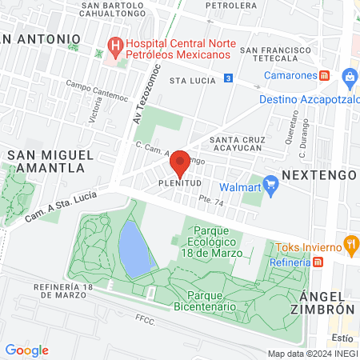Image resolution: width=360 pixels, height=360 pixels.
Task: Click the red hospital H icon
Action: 115,46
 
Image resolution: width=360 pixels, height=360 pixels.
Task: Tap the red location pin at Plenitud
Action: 179,162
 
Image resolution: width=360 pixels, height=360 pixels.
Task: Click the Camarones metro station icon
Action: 325,75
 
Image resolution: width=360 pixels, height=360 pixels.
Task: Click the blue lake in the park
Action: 133,246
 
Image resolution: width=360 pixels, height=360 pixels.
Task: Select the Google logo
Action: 26,350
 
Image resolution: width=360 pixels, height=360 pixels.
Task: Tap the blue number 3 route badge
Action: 229,78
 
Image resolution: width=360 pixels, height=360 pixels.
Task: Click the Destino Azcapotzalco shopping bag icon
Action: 348,78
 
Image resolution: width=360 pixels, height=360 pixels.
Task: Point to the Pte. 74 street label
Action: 213,205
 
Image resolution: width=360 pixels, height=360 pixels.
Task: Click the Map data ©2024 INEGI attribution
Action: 312,353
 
